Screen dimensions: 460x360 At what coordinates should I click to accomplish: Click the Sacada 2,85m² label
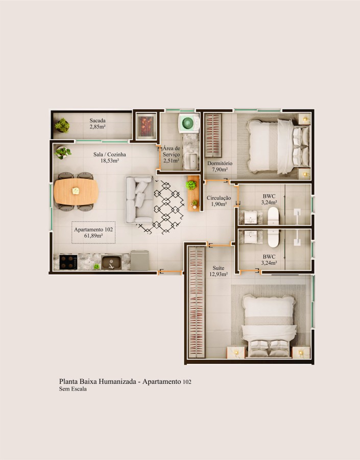(98, 124)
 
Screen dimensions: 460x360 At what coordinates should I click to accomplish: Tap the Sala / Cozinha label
(109, 157)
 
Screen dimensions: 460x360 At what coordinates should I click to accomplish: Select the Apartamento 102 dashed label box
(93, 233)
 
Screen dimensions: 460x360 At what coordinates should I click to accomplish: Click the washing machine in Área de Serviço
(188, 123)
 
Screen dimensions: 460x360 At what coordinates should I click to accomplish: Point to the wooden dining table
(76, 191)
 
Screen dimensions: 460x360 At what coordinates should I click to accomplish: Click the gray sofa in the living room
(138, 200)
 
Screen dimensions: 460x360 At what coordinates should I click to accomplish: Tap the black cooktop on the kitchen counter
(68, 262)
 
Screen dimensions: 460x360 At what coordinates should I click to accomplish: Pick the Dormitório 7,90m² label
(220, 166)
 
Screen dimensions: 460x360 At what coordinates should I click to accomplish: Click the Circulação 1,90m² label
(219, 201)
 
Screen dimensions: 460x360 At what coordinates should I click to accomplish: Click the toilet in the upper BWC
(273, 216)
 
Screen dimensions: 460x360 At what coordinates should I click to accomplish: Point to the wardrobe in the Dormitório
(213, 135)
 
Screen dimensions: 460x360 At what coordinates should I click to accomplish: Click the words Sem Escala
(73, 389)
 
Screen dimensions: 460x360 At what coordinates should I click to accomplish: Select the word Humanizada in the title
(114, 381)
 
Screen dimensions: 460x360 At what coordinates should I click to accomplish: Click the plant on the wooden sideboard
(191, 185)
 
